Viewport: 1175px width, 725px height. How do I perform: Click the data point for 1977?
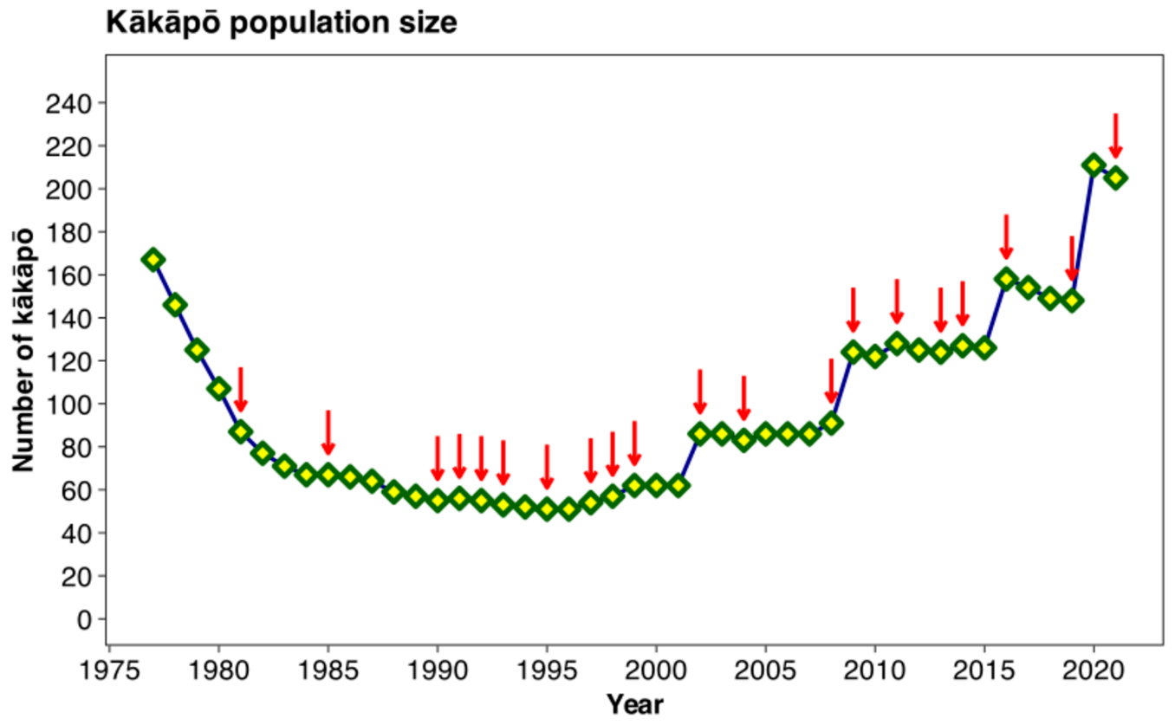point(153,259)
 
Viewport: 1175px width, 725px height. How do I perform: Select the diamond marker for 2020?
point(1094,165)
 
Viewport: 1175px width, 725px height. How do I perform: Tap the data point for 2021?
point(1116,178)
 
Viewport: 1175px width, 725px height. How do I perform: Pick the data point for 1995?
point(547,508)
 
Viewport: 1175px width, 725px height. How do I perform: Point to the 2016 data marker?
point(1006,278)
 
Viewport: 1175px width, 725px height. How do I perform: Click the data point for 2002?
point(700,433)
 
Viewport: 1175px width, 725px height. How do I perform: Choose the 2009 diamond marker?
point(854,352)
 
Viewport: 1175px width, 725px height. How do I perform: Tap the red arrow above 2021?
point(1116,137)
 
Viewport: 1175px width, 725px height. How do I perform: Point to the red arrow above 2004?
point(743,399)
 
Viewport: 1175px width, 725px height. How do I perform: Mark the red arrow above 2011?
point(897,302)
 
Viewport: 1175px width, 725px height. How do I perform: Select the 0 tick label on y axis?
point(85,619)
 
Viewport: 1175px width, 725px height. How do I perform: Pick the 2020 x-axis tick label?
point(1094,672)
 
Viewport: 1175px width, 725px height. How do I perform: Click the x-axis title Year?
point(634,704)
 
